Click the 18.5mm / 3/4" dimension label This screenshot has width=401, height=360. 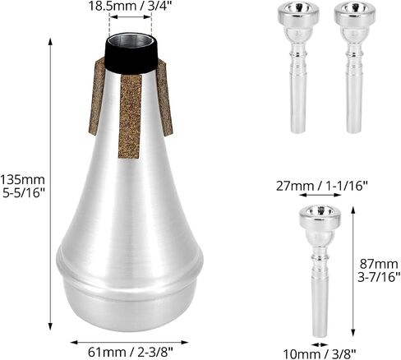(130, 6)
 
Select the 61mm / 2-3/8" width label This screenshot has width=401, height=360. (131, 352)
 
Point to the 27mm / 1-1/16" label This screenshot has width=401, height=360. (321, 187)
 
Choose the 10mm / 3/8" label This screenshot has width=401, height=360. (320, 354)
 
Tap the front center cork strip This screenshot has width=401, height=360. (130, 117)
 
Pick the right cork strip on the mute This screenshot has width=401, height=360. (164, 97)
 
